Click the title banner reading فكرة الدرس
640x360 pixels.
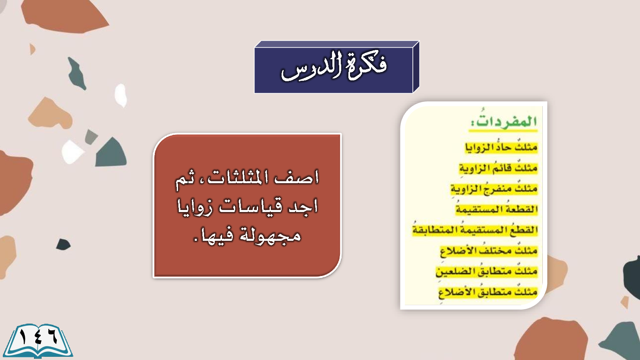coord(336,67)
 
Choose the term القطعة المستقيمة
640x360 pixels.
coord(497,209)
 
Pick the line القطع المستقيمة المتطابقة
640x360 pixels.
coord(475,230)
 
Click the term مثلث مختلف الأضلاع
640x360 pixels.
coord(489,250)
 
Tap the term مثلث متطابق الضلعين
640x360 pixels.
coord(486,271)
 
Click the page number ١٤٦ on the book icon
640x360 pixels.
coord(38,338)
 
